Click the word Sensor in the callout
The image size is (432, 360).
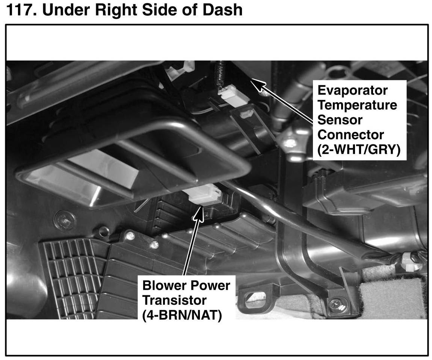(340, 120)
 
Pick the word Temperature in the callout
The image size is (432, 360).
(357, 105)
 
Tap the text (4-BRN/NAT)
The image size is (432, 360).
(182, 315)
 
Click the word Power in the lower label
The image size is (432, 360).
(211, 286)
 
